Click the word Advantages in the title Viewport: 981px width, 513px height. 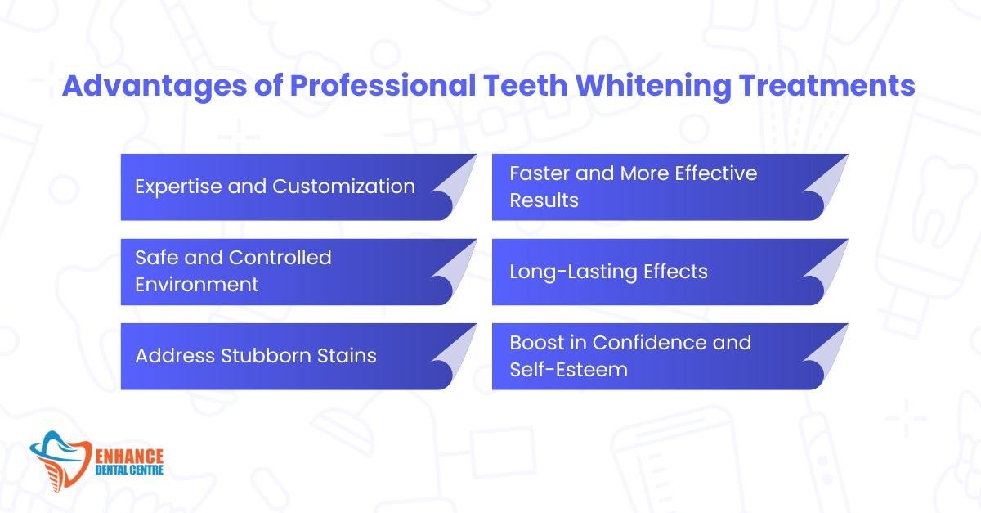(x=155, y=87)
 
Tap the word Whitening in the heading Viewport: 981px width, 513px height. (x=652, y=87)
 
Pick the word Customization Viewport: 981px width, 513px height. (x=344, y=187)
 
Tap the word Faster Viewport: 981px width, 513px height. (x=539, y=173)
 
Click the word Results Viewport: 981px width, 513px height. (x=544, y=200)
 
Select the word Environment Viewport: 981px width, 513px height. (x=197, y=285)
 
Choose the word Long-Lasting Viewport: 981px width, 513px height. (x=573, y=272)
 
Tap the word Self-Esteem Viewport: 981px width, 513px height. (x=568, y=370)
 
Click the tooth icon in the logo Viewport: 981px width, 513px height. (x=60, y=461)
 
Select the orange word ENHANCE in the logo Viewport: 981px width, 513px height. (x=129, y=456)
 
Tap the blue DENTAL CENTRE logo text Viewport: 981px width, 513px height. (x=129, y=470)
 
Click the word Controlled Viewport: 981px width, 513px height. (x=280, y=258)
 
